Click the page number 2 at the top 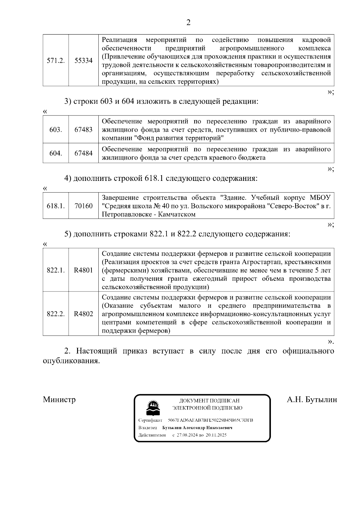pyautogui.click(x=188, y=22)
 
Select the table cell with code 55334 pyautogui.click(x=83, y=61)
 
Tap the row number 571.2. pyautogui.click(x=56, y=61)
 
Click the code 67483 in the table pyautogui.click(x=83, y=130)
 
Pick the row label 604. pyautogui.click(x=56, y=153)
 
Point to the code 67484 pyautogui.click(x=83, y=153)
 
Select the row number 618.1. pyautogui.click(x=56, y=206)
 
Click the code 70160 pyautogui.click(x=83, y=206)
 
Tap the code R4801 pyautogui.click(x=83, y=270)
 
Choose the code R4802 pyautogui.click(x=83, y=314)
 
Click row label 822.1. pyautogui.click(x=56, y=270)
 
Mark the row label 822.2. pyautogui.click(x=56, y=314)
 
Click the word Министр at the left pyautogui.click(x=59, y=400)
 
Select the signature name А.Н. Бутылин pyautogui.click(x=312, y=400)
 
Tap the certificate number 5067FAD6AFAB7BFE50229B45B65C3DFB pyautogui.click(x=210, y=420)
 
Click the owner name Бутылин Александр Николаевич pyautogui.click(x=197, y=428)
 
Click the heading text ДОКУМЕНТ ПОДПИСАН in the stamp pyautogui.click(x=209, y=401)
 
